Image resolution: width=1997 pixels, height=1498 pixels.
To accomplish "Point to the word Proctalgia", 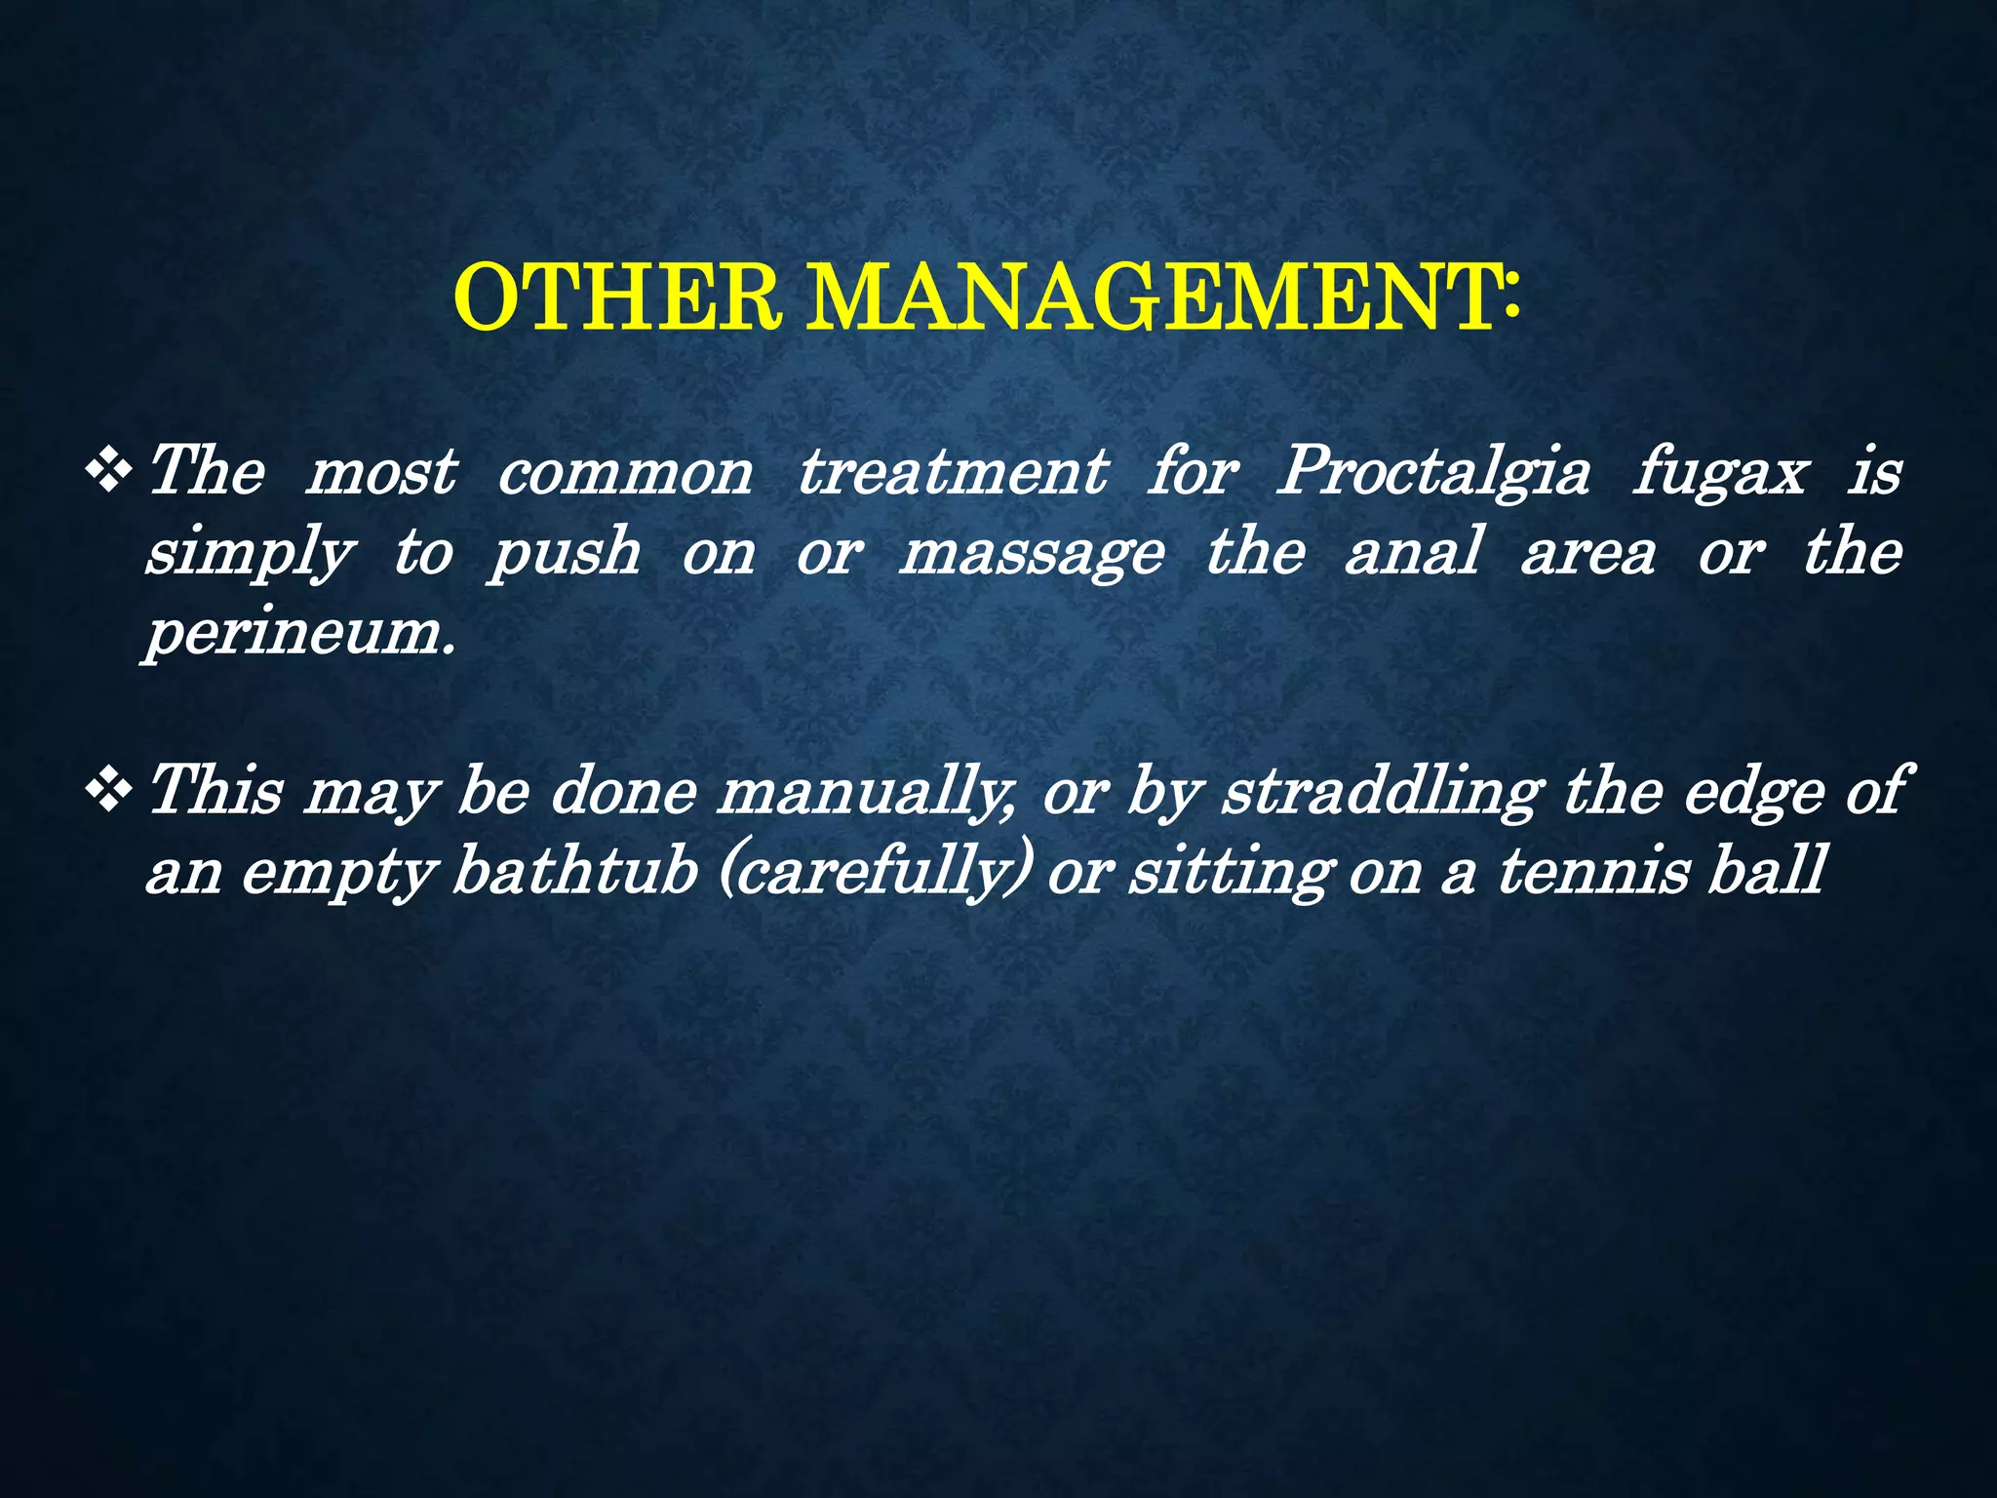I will pos(1432,473).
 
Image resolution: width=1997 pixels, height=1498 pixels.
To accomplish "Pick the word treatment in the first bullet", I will pos(953,473).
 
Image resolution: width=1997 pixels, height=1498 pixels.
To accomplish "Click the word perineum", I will pos(299,634).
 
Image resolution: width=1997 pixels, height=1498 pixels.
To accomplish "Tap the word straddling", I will pos(1382,791).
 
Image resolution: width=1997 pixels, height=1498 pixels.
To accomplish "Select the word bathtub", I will pos(574,870).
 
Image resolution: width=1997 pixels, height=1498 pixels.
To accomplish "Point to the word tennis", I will pos(1593,870).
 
